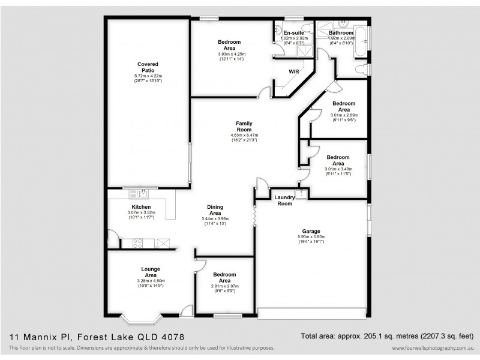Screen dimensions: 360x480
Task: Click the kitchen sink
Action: coord(142,194)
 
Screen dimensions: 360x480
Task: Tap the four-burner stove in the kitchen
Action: coord(136,244)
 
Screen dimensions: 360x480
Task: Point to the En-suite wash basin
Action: coord(278,29)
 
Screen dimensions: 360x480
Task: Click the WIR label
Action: coord(294,71)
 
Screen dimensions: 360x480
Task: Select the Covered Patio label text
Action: coord(148,67)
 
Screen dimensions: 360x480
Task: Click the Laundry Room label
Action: coord(284,200)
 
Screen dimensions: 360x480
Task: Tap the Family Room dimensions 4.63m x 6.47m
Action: coord(244,135)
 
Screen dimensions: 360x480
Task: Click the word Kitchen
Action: coord(141,207)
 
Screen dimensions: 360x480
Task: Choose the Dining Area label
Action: coord(215,210)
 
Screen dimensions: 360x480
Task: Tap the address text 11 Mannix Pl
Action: coord(36,337)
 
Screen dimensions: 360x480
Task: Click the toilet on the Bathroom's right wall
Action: coord(361,71)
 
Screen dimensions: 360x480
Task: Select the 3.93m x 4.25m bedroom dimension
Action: coord(232,54)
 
